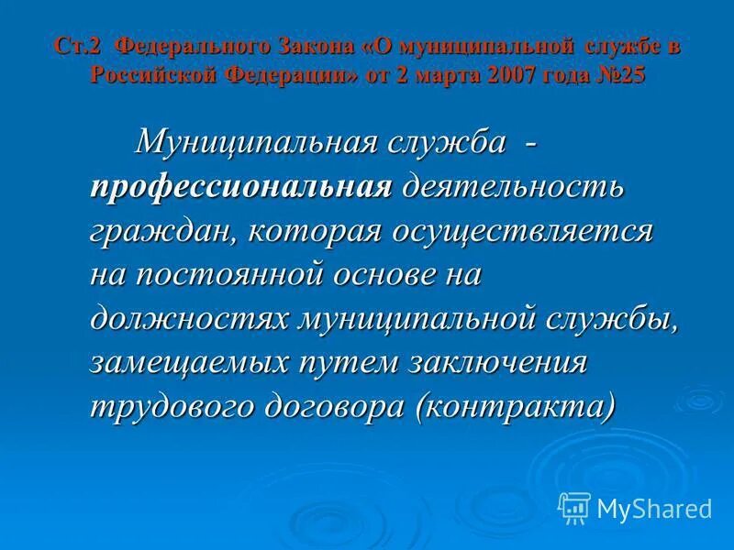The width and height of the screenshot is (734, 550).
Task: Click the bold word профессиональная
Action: tap(241, 187)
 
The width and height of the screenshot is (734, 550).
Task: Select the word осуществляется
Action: tap(523, 230)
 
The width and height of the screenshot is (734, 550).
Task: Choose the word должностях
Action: tap(188, 317)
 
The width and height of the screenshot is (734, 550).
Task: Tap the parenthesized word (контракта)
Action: tap(516, 404)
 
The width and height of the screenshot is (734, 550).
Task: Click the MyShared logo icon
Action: tap(573, 507)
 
